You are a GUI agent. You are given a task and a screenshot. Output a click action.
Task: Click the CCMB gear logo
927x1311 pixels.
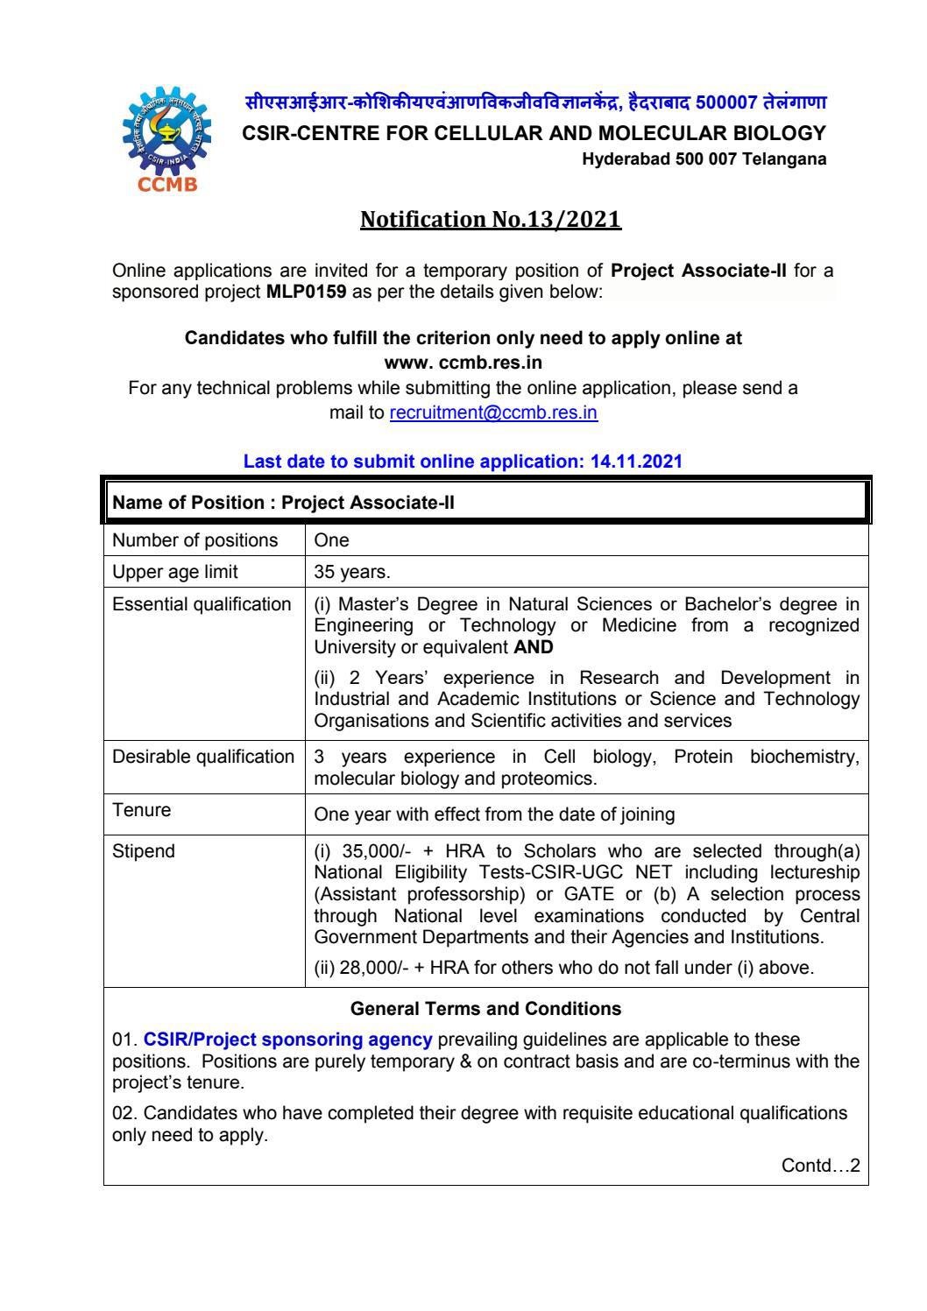pyautogui.click(x=164, y=136)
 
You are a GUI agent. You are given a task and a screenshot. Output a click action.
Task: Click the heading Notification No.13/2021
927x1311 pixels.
pyautogui.click(x=491, y=218)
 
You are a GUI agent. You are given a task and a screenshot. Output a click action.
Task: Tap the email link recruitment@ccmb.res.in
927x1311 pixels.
pyautogui.click(x=493, y=412)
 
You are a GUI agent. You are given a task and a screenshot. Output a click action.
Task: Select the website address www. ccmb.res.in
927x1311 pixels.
pyautogui.click(x=463, y=362)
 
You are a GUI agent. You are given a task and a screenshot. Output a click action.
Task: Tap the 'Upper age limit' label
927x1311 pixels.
pyautogui.click(x=175, y=573)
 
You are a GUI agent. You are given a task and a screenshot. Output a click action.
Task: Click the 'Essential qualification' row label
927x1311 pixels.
pyautogui.click(x=202, y=604)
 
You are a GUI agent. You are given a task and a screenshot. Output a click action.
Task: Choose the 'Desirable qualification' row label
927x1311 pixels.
pyautogui.click(x=203, y=757)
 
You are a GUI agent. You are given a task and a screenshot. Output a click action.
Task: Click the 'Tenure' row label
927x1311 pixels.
pyautogui.click(x=142, y=810)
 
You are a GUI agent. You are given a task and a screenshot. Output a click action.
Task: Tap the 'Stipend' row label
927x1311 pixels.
pyautogui.click(x=144, y=851)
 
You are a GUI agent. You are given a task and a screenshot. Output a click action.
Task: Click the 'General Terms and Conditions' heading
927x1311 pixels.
pyautogui.click(x=485, y=1009)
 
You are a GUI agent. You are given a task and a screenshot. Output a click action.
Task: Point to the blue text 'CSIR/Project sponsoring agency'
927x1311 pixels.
pyautogui.click(x=287, y=1040)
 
